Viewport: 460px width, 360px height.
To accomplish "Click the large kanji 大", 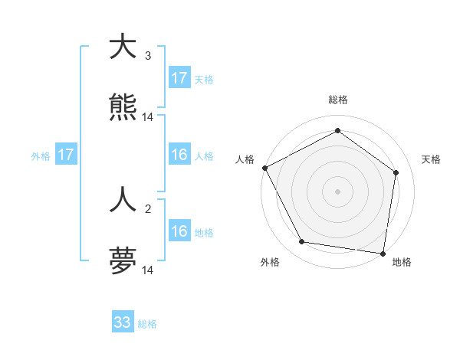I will point(123,47).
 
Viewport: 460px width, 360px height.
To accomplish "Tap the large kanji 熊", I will point(123,108).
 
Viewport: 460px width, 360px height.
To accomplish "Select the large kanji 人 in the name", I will point(123,201).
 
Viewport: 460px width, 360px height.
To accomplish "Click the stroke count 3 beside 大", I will point(148,56).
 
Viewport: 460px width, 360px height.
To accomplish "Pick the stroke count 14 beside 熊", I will point(148,117).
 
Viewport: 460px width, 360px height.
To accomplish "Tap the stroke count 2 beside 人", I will point(148,209).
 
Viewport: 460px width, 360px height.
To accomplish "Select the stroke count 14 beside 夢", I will point(148,270).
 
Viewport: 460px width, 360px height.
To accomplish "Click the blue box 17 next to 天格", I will point(179,78).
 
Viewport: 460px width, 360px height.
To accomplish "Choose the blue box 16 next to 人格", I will point(179,155).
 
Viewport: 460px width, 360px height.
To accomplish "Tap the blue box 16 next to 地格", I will point(179,231).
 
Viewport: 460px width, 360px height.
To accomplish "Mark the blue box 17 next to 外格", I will point(66,155).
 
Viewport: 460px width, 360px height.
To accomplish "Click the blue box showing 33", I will point(123,322).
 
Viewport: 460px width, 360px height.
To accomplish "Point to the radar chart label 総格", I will point(338,100).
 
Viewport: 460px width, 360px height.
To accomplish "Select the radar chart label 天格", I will point(432,159).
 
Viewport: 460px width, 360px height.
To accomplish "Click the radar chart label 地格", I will point(402,263).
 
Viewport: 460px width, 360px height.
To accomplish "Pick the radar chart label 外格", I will point(270,263).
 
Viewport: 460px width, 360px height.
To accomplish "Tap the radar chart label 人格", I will point(245,159).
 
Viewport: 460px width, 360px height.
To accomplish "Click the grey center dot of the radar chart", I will point(338,191).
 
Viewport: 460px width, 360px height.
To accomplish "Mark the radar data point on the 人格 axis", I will point(264,168).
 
